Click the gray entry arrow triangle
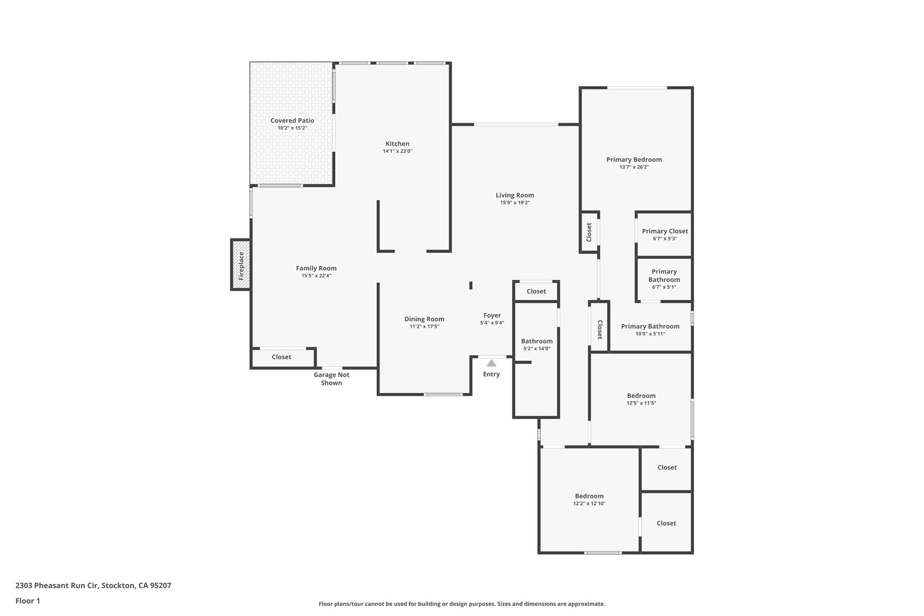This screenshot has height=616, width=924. [491, 363]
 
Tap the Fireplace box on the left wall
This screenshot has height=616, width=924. [241, 265]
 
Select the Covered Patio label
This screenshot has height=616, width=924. [292, 120]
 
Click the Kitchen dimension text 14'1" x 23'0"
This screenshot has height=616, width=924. [397, 151]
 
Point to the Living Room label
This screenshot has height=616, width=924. [515, 195]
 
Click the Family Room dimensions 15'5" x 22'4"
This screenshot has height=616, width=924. [316, 276]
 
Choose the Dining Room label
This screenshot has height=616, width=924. [424, 319]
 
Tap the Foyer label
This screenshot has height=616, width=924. [492, 315]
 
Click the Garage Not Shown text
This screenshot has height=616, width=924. [332, 379]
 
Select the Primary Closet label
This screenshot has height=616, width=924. [665, 231]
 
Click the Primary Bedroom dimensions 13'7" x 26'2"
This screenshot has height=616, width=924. [634, 167]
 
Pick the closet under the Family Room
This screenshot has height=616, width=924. [282, 357]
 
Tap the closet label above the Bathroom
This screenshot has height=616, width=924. [536, 292]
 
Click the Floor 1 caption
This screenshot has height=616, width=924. [28, 601]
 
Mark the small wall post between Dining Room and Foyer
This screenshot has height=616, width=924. [471, 285]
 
